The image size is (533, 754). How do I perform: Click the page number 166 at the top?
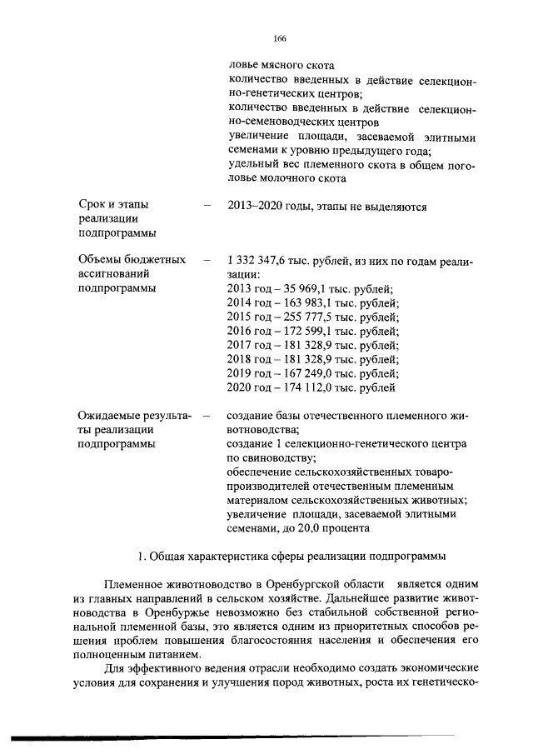[280, 38]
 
